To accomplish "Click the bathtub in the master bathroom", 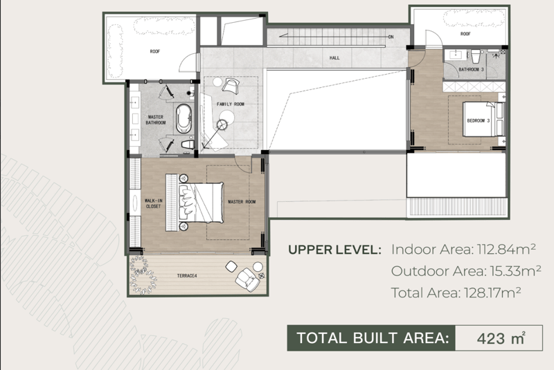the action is coord(184,118).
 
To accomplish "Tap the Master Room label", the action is coord(242,202).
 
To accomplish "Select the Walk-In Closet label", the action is coord(153,203).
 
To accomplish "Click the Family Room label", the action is coord(231,104).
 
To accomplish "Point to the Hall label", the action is coord(334,58).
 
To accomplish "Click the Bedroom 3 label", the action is coord(479,120).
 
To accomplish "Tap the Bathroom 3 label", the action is coord(471,69).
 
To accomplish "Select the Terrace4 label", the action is coord(187,276).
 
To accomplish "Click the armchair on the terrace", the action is coord(248,279).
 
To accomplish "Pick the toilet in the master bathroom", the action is coord(188,145).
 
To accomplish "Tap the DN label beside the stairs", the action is coord(391,37).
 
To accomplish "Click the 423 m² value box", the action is coord(499,338).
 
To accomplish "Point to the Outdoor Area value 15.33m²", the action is coord(515,271).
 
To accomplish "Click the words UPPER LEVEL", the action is coord(334,250).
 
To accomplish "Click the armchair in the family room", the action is coord(231,86).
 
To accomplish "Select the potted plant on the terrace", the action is coord(143,275).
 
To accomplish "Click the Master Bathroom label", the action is coord(155,120).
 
